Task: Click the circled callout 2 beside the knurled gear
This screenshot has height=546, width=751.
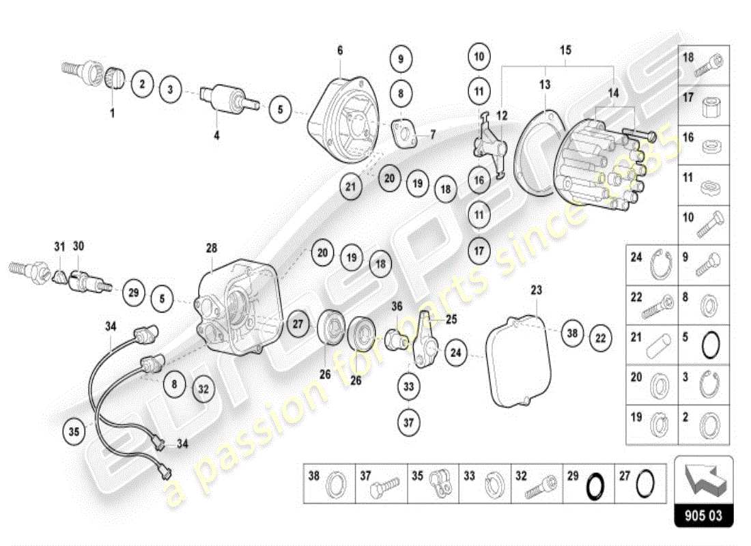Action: pos(142,84)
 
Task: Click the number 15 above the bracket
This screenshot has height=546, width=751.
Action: pos(566,50)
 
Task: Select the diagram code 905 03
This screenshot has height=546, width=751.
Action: pos(703,516)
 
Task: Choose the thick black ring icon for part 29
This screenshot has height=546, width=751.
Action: pos(595,485)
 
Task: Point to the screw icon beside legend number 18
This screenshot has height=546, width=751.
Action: pos(708,67)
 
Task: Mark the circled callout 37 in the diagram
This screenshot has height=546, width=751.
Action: pos(408,422)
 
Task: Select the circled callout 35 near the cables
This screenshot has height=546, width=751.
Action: pos(74,431)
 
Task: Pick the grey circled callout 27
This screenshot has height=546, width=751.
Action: pos(297,324)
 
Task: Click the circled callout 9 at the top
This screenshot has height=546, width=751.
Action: pos(401,59)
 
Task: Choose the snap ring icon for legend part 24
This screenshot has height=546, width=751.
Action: pos(660,266)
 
